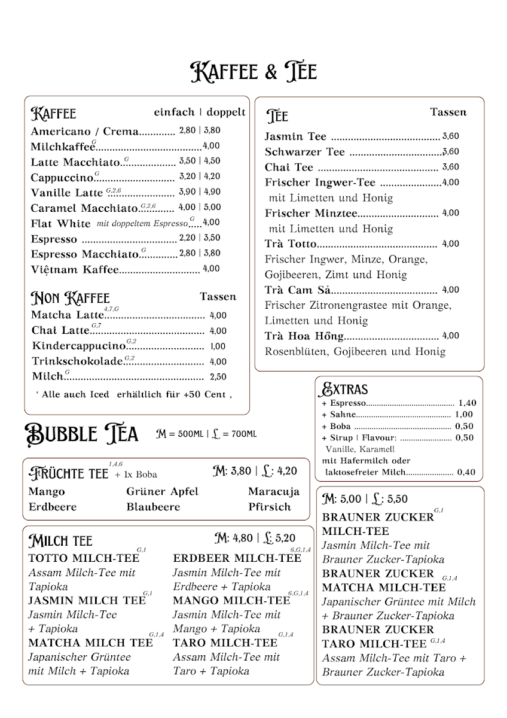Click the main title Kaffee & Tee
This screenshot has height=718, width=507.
(x=253, y=72)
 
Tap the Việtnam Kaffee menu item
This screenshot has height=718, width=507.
(x=75, y=270)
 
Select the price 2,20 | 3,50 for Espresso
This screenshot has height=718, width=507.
(x=200, y=238)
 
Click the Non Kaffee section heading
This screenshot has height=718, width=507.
(x=71, y=298)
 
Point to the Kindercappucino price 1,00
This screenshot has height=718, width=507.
(x=218, y=346)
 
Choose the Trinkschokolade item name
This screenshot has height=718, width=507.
(x=78, y=362)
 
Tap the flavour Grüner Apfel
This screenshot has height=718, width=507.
(x=162, y=492)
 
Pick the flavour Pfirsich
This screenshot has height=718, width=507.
(x=270, y=507)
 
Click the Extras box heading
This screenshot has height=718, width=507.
(x=345, y=390)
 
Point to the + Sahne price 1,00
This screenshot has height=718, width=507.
(x=463, y=415)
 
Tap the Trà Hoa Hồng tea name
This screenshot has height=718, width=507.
(x=305, y=336)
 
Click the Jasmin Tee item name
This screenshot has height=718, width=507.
(x=295, y=136)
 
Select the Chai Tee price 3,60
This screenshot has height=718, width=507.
(x=450, y=168)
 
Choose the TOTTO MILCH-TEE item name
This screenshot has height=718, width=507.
(x=83, y=558)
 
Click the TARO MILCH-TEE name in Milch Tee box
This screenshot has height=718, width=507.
(x=225, y=643)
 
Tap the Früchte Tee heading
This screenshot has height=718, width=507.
(x=69, y=474)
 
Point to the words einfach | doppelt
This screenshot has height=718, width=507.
(x=199, y=112)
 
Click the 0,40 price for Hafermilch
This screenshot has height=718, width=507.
(x=466, y=473)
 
